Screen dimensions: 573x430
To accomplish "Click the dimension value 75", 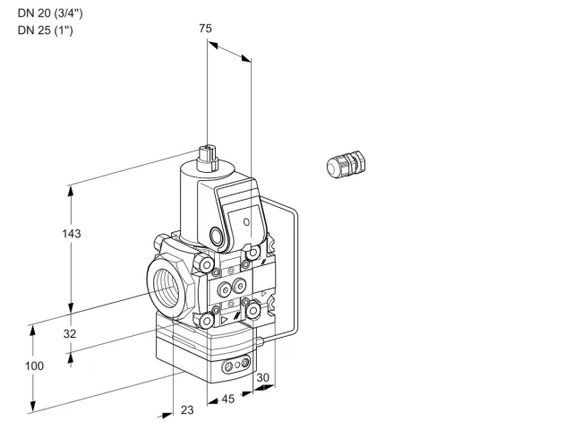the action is pos(205,29).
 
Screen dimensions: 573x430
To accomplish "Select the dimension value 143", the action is pos(72,234).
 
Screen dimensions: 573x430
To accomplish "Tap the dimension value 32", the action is pos(70,334).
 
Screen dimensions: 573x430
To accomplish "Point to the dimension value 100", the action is pos(34,366).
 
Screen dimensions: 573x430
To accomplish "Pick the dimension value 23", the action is pos(187,410).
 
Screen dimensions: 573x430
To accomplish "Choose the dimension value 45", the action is pos(228,399).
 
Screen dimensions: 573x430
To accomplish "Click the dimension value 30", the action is pos(262,378).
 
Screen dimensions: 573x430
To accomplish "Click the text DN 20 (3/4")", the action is pos(50,13).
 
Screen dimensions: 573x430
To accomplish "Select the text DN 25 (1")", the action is pos(46,30).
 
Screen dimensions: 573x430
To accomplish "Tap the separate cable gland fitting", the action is pos(346,165).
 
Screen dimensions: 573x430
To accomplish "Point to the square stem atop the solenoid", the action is pos(207,159).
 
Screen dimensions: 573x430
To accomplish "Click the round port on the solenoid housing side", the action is pos(216,235).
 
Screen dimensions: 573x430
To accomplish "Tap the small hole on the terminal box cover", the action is pos(247,222).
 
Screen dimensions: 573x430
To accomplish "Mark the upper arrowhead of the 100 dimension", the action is pos(33,331).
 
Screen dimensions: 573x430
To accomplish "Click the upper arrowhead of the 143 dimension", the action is pos(71,192).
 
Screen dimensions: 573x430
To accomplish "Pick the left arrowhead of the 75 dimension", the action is pos(213,45).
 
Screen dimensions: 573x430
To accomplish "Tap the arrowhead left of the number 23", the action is pos(167,415).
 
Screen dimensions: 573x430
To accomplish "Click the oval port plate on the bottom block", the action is pos(237,365).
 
